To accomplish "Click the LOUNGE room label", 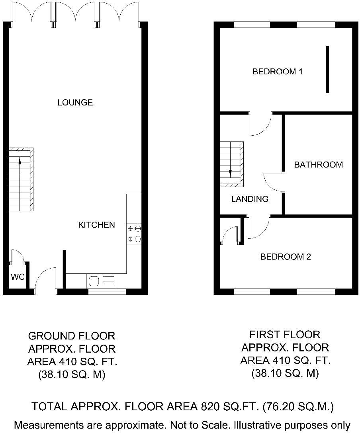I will click(75, 103).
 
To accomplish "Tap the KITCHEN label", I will click(96, 225).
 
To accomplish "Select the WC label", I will click(18, 277).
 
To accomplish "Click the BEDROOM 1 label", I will click(278, 72).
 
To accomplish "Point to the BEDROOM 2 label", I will click(285, 257).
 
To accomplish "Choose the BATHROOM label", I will click(318, 165).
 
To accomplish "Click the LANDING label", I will click(250, 199).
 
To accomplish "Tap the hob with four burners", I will click(134, 234).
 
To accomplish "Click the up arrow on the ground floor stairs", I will click(20, 163).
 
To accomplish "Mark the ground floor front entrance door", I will click(45, 278).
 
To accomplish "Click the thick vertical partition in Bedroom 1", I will click(327, 70).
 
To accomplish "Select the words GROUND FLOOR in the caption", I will click(72, 336).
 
